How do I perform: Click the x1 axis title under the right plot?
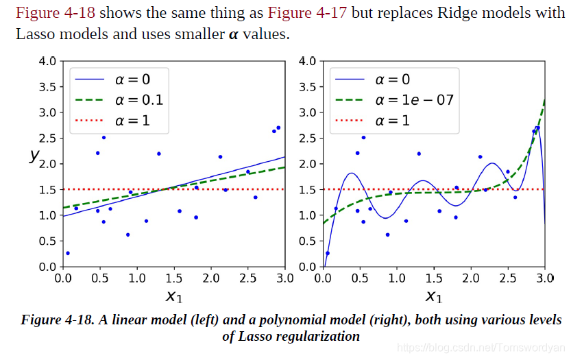(434, 296)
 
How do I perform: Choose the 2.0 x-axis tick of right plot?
(470, 278)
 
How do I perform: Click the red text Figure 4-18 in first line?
(55, 13)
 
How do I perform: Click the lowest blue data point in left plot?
(67, 253)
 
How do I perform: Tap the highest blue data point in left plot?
(278, 128)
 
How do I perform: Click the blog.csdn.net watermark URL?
(480, 348)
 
